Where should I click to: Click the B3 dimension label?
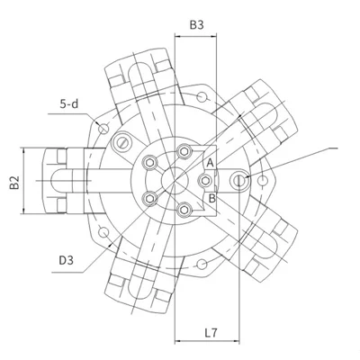click(196, 25)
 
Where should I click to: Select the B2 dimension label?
click(14, 183)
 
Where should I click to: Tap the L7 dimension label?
click(211, 333)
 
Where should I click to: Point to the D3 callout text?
click(66, 260)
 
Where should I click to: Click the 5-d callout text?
click(69, 103)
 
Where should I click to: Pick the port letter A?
click(211, 163)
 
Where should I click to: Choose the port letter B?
click(211, 198)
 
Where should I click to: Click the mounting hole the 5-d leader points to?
click(103, 129)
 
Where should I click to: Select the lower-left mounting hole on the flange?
click(103, 232)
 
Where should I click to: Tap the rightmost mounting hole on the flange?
click(263, 181)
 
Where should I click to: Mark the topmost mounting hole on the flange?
click(202, 96)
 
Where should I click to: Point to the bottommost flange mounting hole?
click(202, 265)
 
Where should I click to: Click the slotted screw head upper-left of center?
click(122, 142)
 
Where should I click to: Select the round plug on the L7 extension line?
click(238, 180)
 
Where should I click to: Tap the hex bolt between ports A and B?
click(205, 181)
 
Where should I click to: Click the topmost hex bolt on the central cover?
click(184, 151)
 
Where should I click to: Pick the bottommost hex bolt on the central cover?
click(184, 210)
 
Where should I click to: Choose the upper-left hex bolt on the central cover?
click(149, 163)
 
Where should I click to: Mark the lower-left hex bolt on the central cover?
click(149, 198)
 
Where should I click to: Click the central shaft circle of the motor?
click(175, 180)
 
